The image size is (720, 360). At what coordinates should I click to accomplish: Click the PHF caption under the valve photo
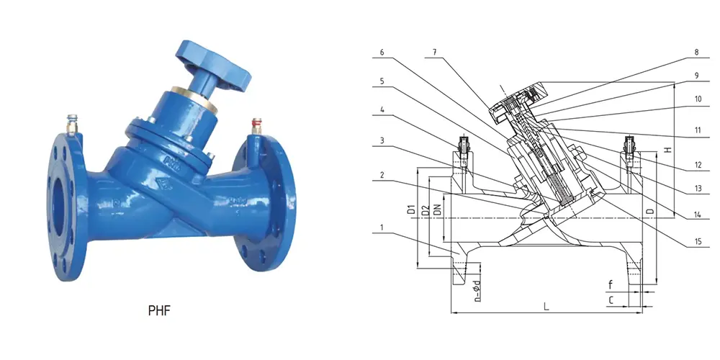click(x=159, y=312)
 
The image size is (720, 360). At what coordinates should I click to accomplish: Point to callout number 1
click(x=382, y=230)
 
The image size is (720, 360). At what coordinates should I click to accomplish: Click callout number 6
click(x=382, y=53)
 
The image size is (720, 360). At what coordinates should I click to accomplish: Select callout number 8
click(x=697, y=53)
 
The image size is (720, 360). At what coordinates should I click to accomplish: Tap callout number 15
click(x=697, y=242)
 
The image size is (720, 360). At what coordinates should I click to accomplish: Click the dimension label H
click(x=667, y=149)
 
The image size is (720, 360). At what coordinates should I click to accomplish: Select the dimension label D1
click(x=410, y=210)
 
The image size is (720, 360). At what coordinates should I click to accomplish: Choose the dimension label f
click(x=611, y=284)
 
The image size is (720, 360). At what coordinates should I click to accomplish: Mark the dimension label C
click(x=611, y=298)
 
